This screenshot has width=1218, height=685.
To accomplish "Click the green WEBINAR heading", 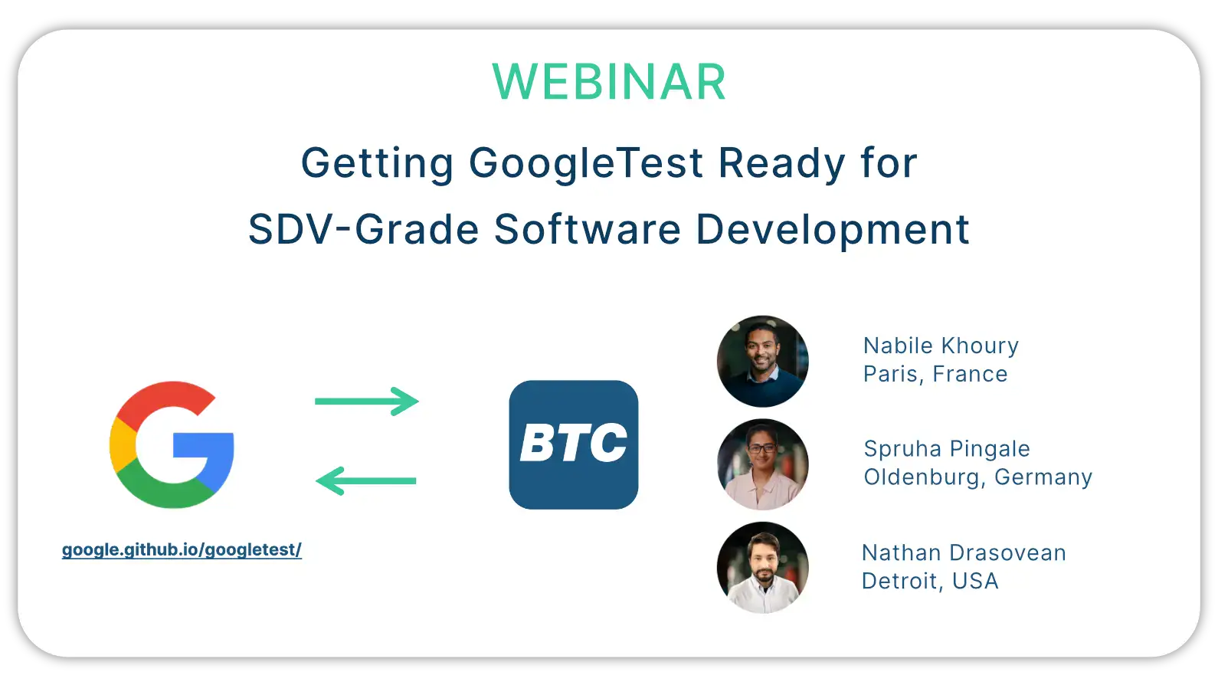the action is [609, 82].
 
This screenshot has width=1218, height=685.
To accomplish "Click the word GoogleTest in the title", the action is [585, 164].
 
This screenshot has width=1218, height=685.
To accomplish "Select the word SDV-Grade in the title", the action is [363, 229].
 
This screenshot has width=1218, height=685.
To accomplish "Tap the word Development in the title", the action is [833, 231].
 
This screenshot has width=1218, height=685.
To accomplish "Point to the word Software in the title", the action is [588, 229].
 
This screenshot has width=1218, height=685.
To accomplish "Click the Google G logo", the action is [172, 444].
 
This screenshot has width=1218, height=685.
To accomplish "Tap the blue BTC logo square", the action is [574, 444].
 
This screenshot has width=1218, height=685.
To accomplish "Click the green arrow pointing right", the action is [367, 401].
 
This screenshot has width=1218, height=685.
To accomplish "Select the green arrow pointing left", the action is [366, 481].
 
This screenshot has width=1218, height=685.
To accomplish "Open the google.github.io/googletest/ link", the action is [182, 550].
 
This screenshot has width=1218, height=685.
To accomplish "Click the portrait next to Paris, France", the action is [763, 361].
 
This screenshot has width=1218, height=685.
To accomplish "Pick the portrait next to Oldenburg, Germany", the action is [763, 464].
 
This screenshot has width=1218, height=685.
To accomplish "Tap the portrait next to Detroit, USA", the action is [763, 568].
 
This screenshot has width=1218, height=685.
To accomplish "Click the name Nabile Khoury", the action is [941, 346].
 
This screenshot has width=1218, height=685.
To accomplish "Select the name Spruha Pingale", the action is [947, 450].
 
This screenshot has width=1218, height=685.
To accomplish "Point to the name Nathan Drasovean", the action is [964, 552].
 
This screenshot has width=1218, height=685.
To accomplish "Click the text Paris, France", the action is [936, 375].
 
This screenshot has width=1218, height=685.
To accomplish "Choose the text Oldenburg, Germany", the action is [978, 477].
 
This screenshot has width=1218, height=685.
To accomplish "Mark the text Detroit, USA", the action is [931, 581].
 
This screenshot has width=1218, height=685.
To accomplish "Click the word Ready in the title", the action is [781, 164].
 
